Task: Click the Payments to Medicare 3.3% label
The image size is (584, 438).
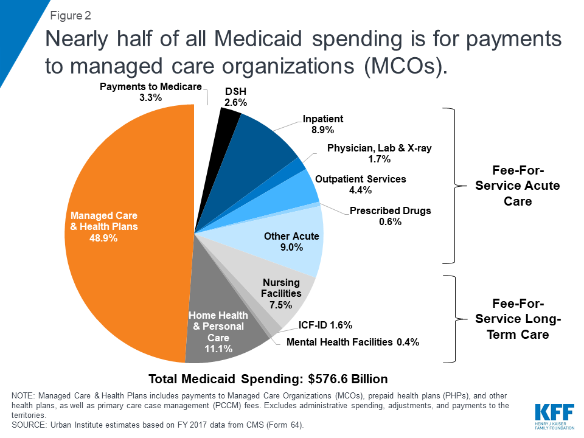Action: point(150,92)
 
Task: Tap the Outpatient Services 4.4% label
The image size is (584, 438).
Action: point(360,184)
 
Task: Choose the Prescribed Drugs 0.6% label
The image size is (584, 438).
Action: point(390,216)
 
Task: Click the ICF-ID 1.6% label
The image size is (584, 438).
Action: point(325,325)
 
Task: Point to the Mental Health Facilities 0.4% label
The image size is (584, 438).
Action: point(353,342)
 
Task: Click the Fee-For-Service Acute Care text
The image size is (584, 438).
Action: point(517,185)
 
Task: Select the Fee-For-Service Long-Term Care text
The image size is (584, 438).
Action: point(517,319)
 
